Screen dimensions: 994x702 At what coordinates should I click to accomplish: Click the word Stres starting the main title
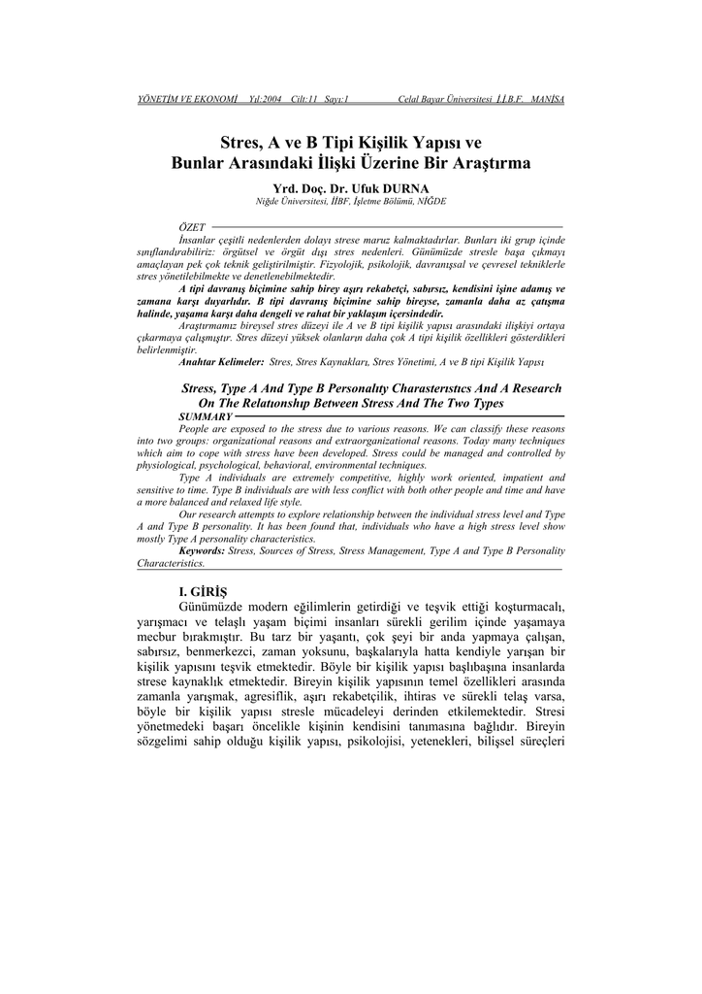click(242, 143)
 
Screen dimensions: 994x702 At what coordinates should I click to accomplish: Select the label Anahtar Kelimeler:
click(222, 361)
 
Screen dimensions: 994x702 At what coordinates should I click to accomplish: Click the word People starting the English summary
click(199, 428)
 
